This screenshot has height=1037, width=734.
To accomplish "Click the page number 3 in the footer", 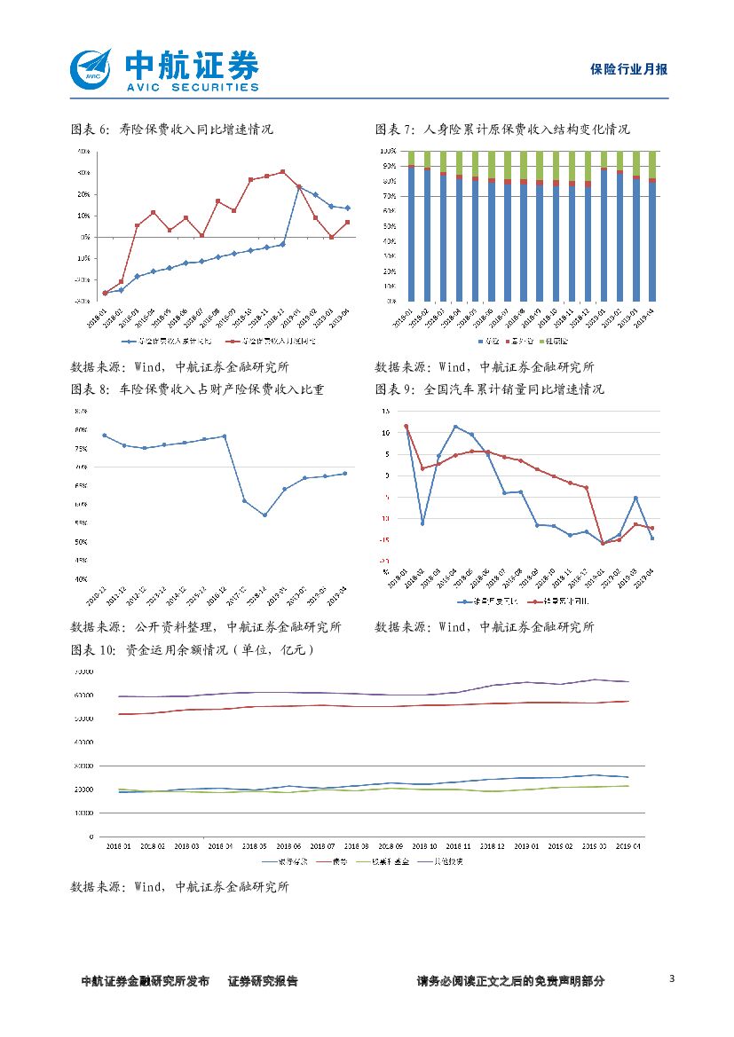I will click(672, 978).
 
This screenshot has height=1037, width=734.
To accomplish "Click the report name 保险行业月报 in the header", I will click(628, 69).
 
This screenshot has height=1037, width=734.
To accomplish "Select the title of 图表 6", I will click(171, 130).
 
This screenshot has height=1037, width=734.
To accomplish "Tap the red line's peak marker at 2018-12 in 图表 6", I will click(282, 172).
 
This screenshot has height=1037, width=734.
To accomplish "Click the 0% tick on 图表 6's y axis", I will click(84, 237).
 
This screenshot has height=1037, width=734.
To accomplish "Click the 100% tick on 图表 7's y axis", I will click(389, 152).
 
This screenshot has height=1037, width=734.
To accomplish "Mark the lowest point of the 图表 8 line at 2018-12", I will click(264, 515).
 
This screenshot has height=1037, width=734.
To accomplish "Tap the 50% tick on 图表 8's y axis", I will click(81, 541).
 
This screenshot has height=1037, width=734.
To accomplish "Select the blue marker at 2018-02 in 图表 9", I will click(422, 523).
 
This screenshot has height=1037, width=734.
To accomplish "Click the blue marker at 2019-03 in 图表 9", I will click(635, 498).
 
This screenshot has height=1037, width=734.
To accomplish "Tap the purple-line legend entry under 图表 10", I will click(447, 860).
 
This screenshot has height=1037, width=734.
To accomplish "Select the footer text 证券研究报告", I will click(263, 981).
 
